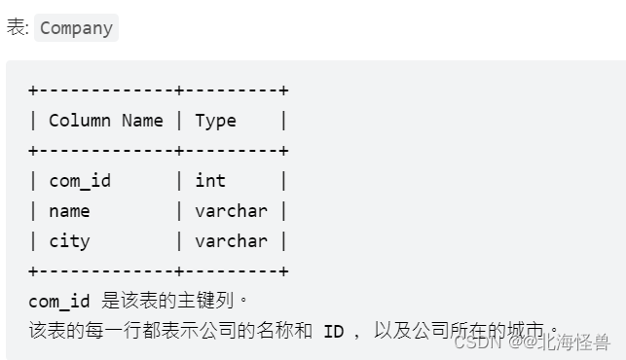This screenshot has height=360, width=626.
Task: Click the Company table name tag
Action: click(x=76, y=28)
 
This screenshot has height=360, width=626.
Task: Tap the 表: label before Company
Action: click(x=18, y=28)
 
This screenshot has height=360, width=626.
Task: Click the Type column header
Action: click(x=215, y=121)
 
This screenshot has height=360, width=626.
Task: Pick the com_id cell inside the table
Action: click(x=80, y=181)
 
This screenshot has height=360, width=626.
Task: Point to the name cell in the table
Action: click(x=69, y=211)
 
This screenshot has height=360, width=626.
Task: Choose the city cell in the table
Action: click(x=69, y=241)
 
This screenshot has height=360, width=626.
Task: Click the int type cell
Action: click(x=210, y=181)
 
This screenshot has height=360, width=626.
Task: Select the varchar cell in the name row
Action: click(x=231, y=211)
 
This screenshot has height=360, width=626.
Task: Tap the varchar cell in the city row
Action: click(x=231, y=241)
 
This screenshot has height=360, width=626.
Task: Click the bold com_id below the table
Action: click(x=59, y=302)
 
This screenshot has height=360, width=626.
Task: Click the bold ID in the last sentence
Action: click(x=334, y=332)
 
